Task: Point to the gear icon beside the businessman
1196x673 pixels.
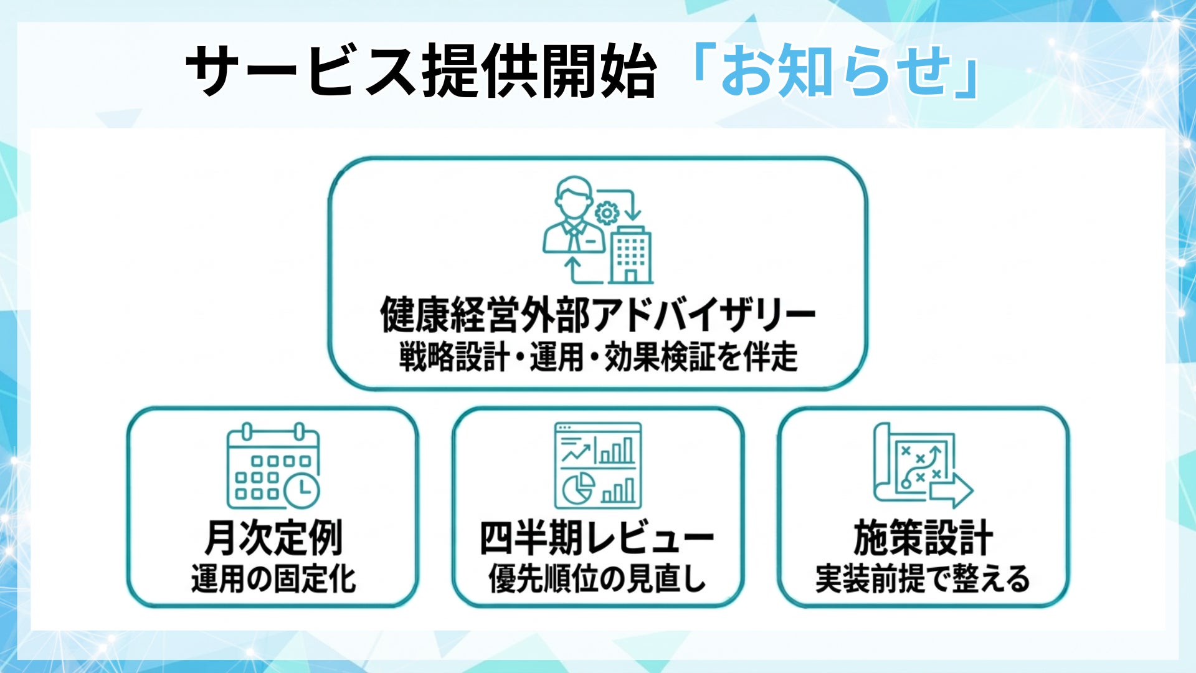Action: pyautogui.click(x=606, y=213)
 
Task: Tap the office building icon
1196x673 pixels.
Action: pyautogui.click(x=630, y=254)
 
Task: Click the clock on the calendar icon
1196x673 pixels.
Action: pyautogui.click(x=302, y=491)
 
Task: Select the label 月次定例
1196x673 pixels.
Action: pyautogui.click(x=273, y=538)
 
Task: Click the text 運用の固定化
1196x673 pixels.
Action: pyautogui.click(x=273, y=579)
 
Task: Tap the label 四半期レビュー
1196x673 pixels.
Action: pyautogui.click(x=597, y=538)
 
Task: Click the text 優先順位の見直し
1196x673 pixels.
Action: pyautogui.click(x=597, y=579)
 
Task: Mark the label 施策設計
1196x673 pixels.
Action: pyautogui.click(x=923, y=538)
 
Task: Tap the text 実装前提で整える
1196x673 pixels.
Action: pyautogui.click(x=923, y=579)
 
